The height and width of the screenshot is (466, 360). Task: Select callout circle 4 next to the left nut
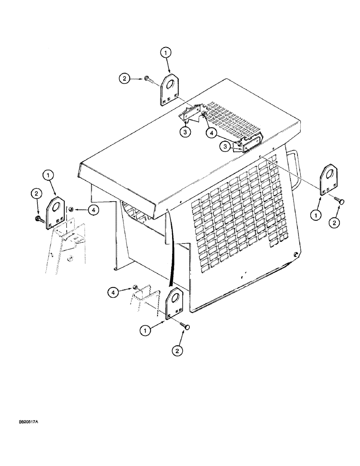(93, 211)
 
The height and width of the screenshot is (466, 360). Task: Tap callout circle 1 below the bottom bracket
(146, 330)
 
